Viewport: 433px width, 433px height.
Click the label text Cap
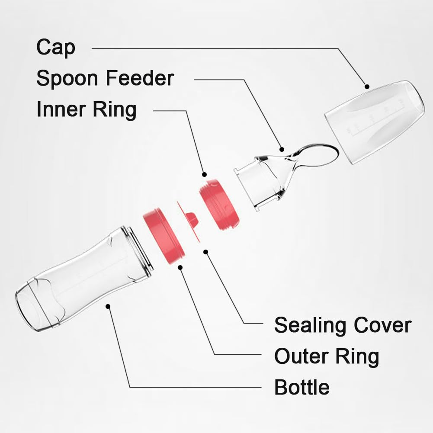(56, 48)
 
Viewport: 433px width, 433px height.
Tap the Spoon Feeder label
(105, 78)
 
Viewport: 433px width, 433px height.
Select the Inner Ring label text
(87, 109)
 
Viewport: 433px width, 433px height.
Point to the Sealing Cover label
(343, 326)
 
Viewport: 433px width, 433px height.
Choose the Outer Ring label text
(327, 356)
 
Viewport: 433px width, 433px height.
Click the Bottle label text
(302, 387)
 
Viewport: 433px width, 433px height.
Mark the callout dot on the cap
(367, 87)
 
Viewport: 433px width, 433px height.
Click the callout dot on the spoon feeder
(282, 149)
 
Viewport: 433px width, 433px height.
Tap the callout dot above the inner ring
(204, 174)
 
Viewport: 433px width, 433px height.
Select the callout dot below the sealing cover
(206, 252)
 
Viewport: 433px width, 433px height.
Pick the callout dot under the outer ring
(180, 267)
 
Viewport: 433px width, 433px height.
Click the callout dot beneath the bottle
(108, 306)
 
